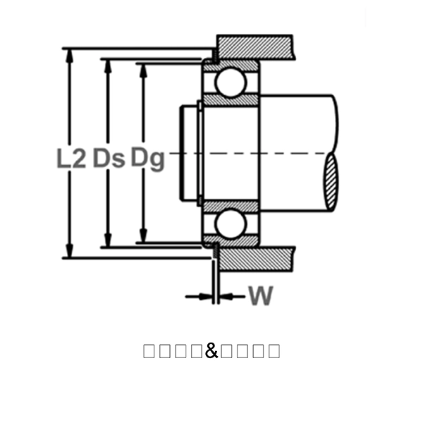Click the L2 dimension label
click(70, 158)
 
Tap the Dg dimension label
click(147, 158)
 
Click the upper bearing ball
click(231, 82)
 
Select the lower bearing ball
click(231, 223)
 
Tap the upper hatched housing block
click(254, 47)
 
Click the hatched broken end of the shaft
click(331, 183)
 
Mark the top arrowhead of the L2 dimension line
click(69, 55)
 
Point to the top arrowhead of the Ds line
click(108, 66)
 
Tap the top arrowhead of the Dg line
click(144, 70)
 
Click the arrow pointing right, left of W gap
click(204, 297)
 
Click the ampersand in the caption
click(211, 350)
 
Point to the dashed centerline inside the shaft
click(296, 153)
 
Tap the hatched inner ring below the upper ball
click(231, 101)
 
